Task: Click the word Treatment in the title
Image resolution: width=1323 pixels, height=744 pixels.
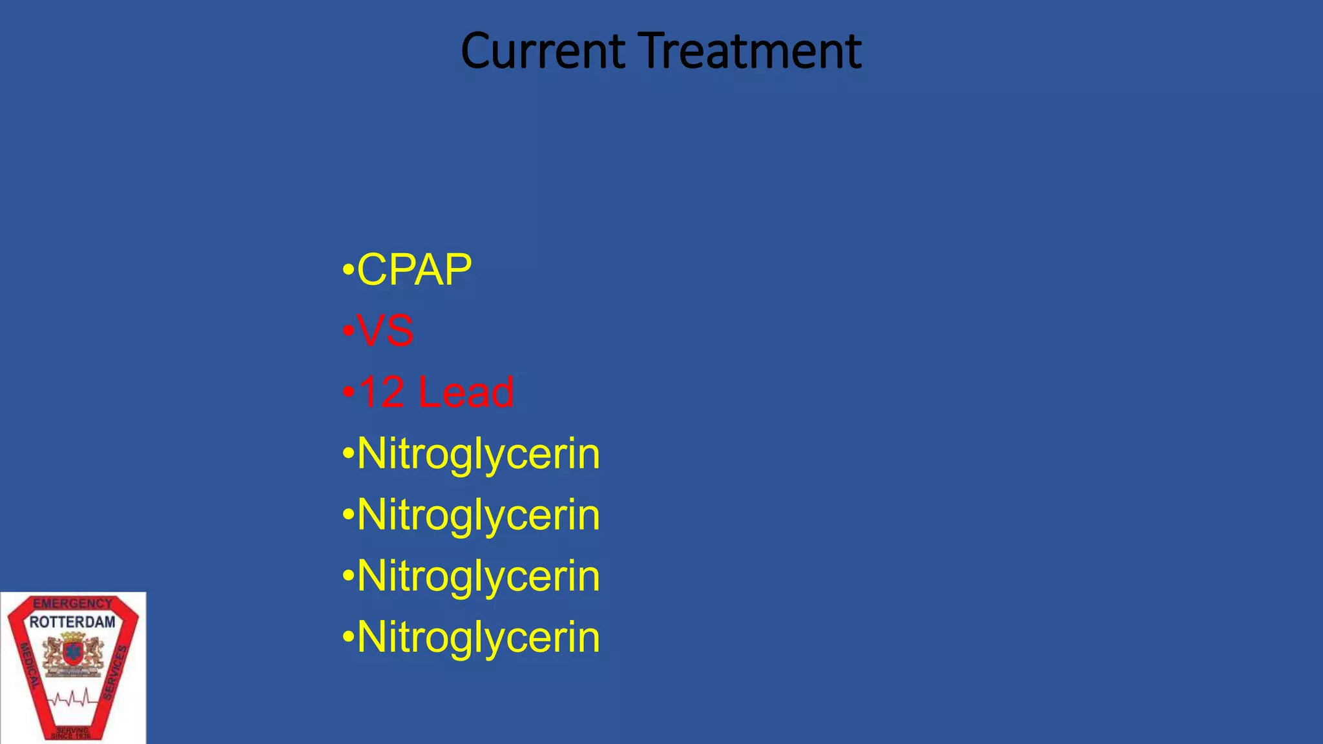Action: pos(752,51)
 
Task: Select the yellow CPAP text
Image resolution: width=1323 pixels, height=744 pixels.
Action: pos(414,270)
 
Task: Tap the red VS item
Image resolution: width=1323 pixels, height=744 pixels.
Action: pos(385,331)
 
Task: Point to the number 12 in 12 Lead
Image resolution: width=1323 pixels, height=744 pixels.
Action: pos(381,392)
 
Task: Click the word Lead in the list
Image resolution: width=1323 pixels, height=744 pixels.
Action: pos(466,392)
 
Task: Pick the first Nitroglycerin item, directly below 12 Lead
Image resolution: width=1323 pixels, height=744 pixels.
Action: pos(478,453)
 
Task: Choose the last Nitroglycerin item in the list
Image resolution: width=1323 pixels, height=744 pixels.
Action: pos(478,637)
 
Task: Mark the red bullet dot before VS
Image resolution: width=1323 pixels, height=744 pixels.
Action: pos(348,330)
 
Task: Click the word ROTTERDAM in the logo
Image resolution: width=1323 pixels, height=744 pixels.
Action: pos(72,622)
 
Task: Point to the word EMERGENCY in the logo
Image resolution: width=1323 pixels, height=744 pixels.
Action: pos(72,604)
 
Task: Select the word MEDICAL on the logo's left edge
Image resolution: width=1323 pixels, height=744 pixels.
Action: pos(30,665)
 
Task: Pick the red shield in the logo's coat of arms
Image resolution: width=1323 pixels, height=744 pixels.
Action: pos(72,654)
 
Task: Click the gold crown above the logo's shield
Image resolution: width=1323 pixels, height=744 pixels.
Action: pos(72,637)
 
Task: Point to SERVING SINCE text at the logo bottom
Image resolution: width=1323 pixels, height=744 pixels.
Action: pos(72,733)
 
